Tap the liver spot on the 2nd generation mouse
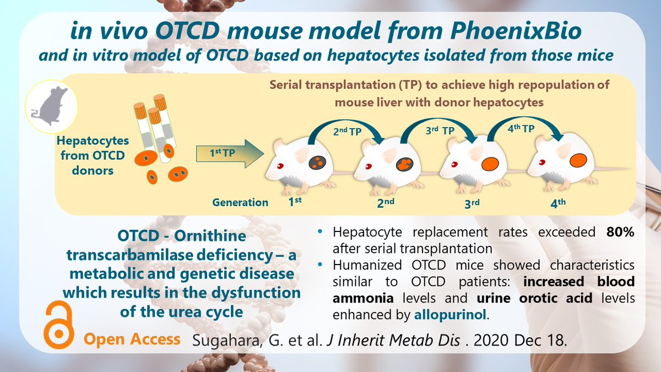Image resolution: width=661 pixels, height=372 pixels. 407,164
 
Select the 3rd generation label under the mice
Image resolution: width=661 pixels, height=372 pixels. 472,203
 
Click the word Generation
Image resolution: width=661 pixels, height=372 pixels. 240,203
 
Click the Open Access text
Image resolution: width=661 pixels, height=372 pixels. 132,338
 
